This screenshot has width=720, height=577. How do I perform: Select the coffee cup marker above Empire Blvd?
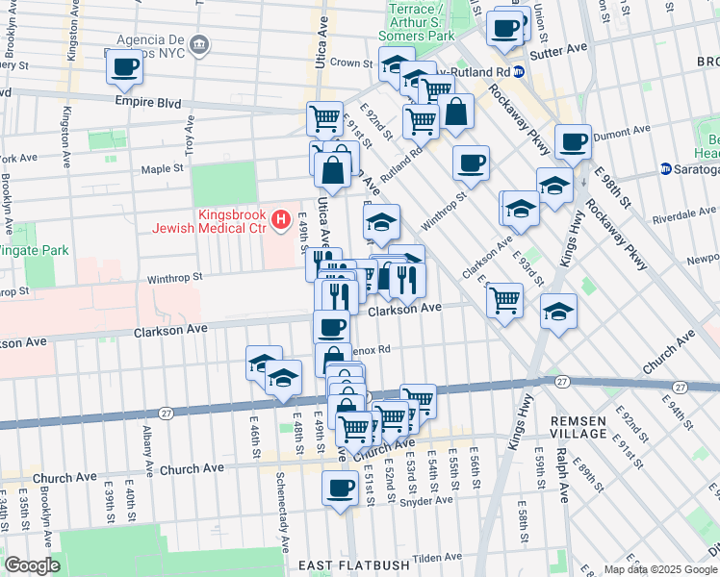[124, 67]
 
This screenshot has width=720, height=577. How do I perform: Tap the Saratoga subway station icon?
[666, 169]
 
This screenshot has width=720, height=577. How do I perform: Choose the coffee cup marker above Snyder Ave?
[337, 488]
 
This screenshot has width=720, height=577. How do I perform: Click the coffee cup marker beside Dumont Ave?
[574, 141]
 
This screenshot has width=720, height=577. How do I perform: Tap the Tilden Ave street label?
[439, 557]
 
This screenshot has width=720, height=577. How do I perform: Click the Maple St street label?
[163, 168]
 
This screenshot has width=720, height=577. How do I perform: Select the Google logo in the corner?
[31, 565]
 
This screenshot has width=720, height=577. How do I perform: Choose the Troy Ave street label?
[191, 134]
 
